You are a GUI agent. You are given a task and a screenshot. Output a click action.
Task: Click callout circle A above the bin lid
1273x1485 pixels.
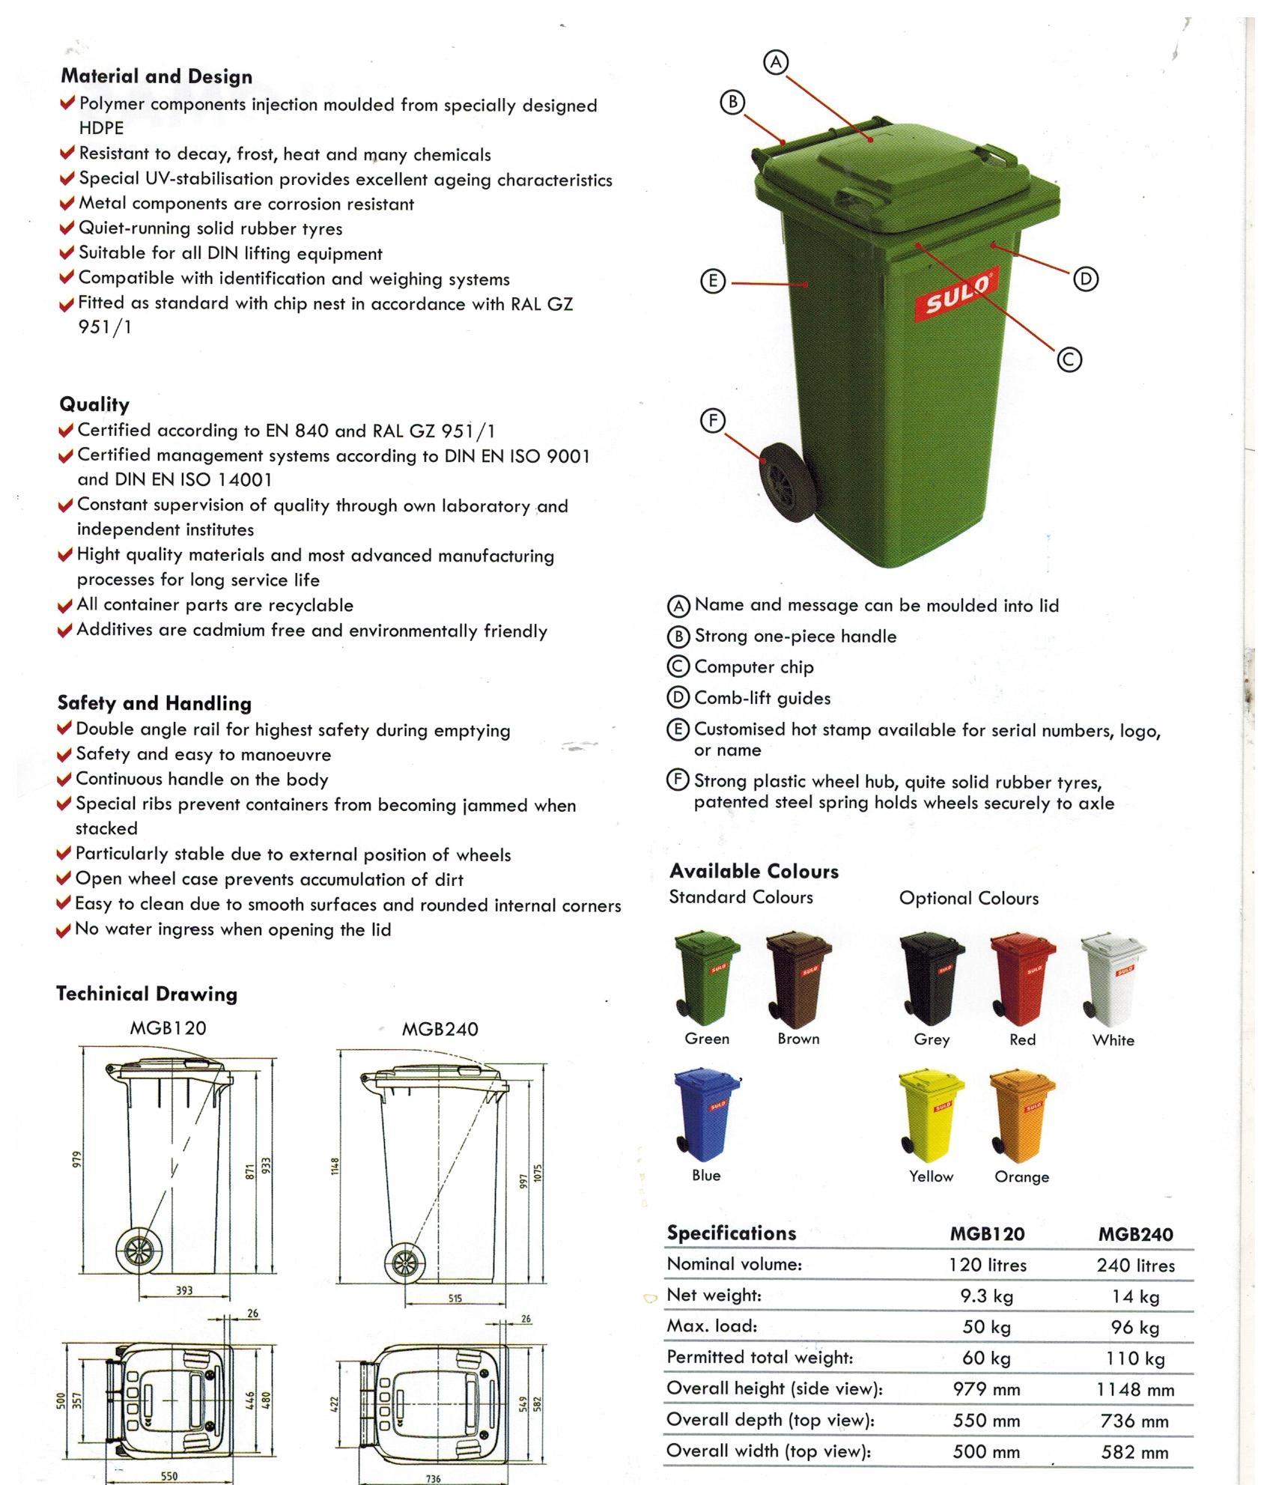777,62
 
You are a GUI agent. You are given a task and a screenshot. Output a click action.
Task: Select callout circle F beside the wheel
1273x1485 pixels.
712,421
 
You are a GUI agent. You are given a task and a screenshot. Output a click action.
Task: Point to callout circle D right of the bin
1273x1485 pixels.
1085,279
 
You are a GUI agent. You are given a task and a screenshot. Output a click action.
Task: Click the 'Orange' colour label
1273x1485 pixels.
1021,1177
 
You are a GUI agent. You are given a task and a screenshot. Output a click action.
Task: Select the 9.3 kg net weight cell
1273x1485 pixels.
986,1296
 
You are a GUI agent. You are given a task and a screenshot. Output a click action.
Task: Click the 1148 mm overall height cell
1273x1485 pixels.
1135,1390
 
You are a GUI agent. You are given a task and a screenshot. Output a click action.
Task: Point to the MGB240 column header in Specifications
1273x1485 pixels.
1135,1234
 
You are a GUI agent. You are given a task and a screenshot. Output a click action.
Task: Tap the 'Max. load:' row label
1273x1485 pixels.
712,1326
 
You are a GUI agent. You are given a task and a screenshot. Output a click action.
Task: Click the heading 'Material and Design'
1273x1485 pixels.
157,76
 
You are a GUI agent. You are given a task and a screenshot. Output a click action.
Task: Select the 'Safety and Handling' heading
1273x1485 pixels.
154,703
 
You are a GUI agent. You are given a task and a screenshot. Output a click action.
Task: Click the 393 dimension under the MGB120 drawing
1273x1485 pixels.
184,1290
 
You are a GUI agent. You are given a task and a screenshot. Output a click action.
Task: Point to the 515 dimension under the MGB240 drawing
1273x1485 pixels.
455,1299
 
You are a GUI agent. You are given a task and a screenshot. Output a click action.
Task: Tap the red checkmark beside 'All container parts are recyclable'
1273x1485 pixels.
65,606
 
